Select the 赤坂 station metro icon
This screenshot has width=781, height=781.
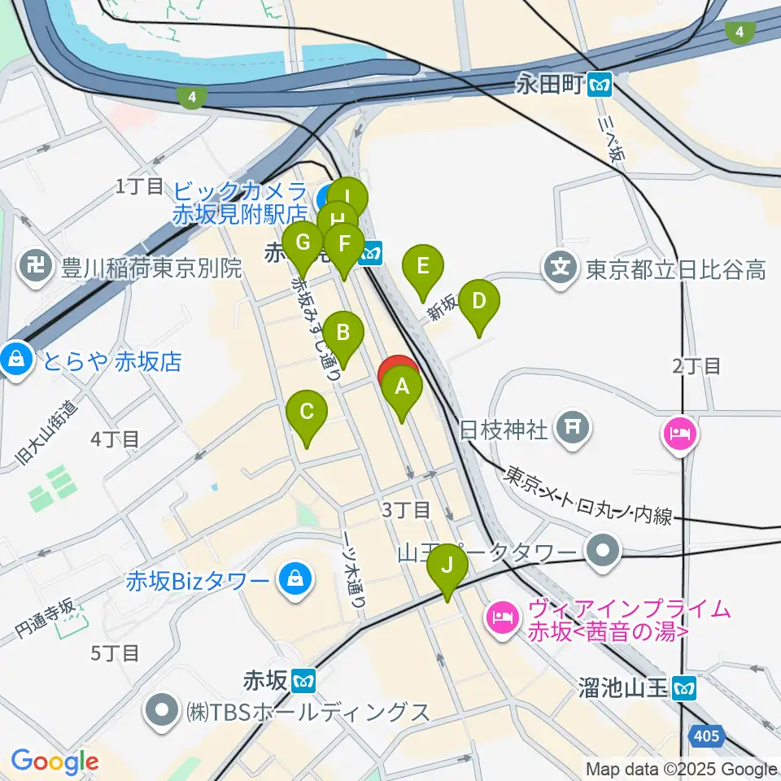304,678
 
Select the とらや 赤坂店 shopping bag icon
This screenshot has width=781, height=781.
15,360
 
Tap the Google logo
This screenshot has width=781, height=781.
55,762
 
